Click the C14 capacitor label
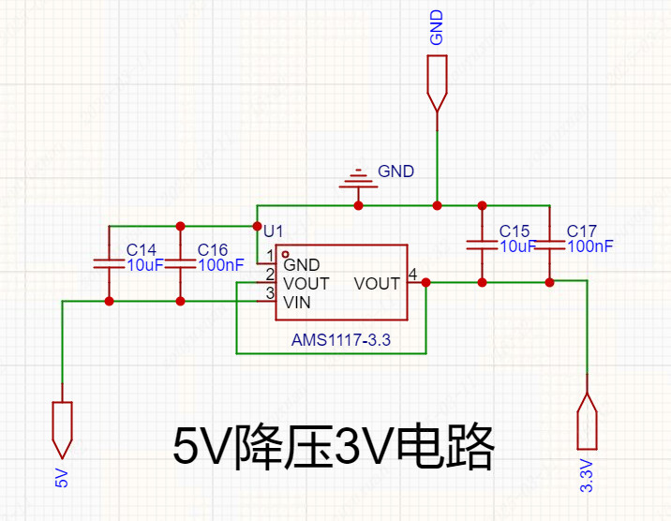coord(142,250)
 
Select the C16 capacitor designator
coord(213,250)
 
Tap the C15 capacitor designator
coord(514,231)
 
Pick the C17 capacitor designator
coord(582,231)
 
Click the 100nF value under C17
coord(590,246)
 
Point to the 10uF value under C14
coord(145,265)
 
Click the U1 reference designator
coord(273,231)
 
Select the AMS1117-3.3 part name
coord(340,342)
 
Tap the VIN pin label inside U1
coord(297,303)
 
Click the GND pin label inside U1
coord(302,265)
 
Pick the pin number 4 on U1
coord(413,275)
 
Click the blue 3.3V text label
coord(587,476)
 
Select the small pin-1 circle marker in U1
coord(285,254)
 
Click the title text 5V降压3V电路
coord(334,448)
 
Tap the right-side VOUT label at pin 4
coord(378,284)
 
